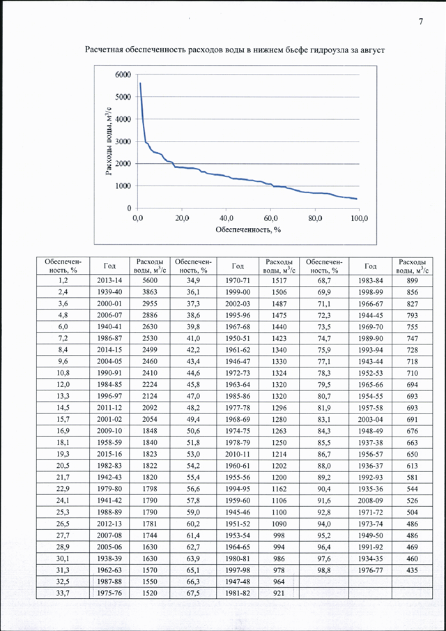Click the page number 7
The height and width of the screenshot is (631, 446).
pos(421,22)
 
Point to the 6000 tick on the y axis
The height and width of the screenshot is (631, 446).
pos(123,75)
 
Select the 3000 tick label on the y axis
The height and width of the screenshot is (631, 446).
pos(123,142)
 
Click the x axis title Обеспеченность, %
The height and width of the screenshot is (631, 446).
pos(247,231)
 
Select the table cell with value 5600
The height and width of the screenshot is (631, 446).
pos(150,280)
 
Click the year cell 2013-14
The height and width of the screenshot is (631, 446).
pos(109,280)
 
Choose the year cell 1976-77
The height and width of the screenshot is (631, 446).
pos(371,570)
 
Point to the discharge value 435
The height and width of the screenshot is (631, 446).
pos(413,570)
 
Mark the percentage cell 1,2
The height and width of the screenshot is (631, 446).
pos(63,280)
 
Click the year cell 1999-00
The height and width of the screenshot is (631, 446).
pos(238,292)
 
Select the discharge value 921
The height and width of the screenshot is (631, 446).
pos(279,593)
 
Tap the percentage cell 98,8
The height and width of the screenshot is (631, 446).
pos(324,570)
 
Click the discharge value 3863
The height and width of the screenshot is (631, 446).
pos(150,292)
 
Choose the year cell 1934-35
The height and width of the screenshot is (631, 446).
pos(371,558)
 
